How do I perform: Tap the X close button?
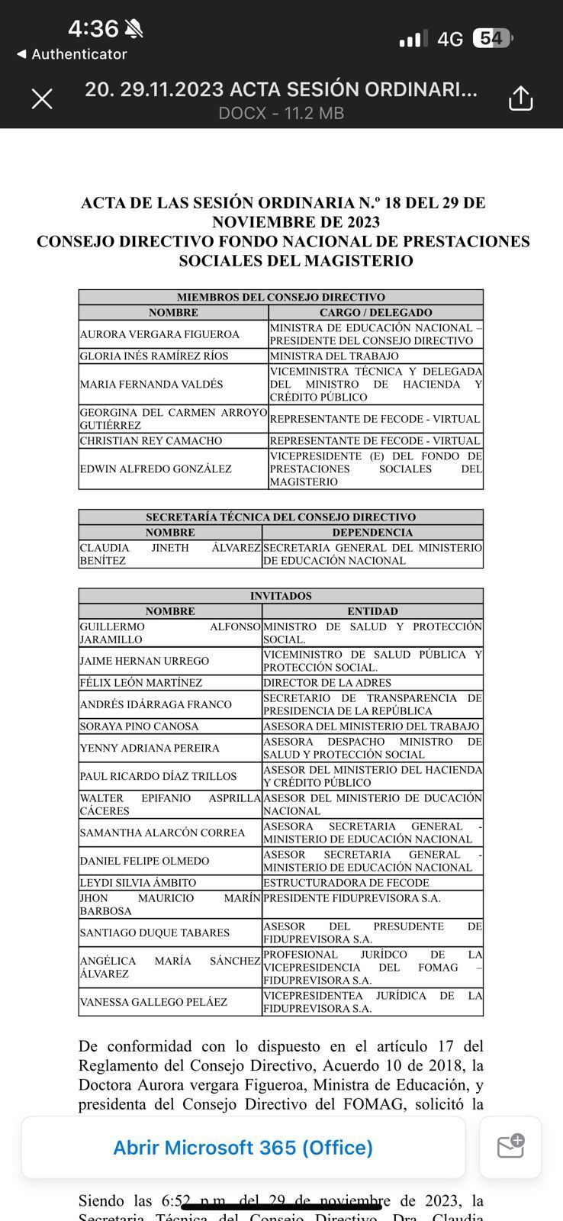point(42,98)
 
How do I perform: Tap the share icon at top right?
point(520,98)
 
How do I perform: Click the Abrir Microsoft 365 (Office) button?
point(243,1147)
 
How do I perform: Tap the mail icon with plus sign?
point(510,1147)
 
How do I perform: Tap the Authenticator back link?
point(72,54)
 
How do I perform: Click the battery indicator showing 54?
point(493,38)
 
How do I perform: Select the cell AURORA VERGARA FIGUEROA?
point(159,334)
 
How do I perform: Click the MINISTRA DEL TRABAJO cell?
point(334,356)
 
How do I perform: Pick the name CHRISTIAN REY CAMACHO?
point(151,440)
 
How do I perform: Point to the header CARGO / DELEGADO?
point(375,312)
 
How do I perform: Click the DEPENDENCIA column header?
point(372,532)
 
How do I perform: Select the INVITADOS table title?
point(281,596)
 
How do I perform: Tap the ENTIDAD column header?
point(372,611)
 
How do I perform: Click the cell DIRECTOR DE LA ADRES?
point(327,682)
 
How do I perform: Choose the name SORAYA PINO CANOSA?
point(139,726)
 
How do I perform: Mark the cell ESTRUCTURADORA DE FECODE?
point(346,882)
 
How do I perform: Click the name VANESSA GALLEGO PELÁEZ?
point(153,1001)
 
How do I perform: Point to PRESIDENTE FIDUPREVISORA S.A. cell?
point(352,898)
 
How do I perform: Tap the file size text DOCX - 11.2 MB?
point(281,114)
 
